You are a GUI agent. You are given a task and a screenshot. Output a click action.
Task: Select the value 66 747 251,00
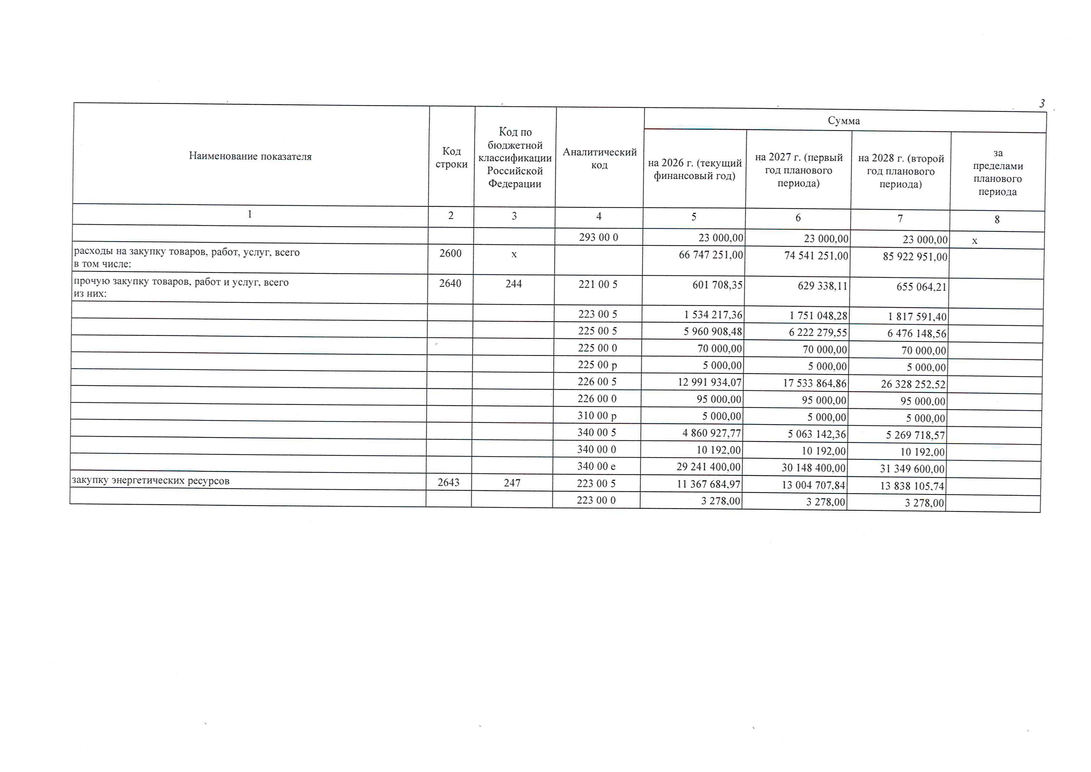point(711,255)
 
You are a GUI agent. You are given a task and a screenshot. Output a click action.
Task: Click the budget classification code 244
point(513,284)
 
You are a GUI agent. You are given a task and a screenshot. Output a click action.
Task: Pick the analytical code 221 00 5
point(598,284)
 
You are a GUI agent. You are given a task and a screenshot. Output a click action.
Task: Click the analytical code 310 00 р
point(597,416)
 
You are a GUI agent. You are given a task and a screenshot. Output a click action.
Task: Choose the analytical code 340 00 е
point(596,466)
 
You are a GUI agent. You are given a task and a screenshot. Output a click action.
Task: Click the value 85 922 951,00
point(915,257)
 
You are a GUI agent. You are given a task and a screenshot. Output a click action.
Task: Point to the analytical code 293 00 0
point(599,237)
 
